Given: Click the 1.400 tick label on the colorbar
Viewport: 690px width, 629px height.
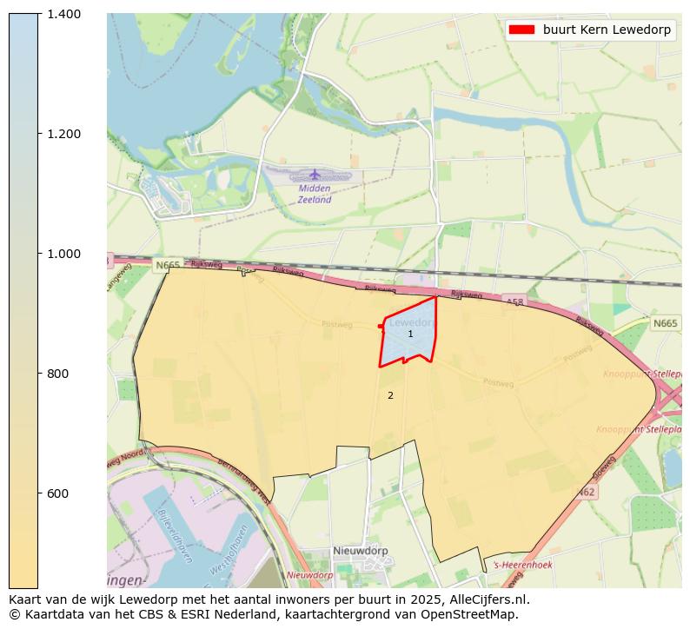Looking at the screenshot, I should pos(64,14).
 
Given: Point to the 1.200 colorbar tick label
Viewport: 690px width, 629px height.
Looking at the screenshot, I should pos(64,134).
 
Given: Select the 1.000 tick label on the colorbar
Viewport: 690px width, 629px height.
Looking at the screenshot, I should pos(64,254).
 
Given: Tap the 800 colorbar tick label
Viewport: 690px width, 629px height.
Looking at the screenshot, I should pos(59,374).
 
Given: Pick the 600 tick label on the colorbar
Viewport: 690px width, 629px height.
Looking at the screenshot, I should pos(59,493).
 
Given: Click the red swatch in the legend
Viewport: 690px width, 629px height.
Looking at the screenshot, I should pos(521,30).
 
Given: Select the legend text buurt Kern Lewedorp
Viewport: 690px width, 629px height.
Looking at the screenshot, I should pos(607,30).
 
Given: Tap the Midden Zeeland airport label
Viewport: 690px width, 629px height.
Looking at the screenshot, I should pos(315,194).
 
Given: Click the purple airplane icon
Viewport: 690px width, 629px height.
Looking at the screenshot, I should pos(315,175).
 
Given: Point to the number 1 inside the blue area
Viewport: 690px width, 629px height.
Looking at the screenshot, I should pos(410,334).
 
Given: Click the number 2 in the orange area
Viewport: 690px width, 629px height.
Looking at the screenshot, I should pos(390,396).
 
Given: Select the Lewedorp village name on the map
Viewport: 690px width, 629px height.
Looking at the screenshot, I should pos(411,322).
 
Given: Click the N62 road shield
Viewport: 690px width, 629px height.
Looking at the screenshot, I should pos(587,492).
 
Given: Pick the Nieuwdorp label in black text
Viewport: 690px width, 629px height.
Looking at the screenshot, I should pos(361,551).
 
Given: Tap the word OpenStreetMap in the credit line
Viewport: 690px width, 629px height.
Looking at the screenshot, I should pos(474,614).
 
